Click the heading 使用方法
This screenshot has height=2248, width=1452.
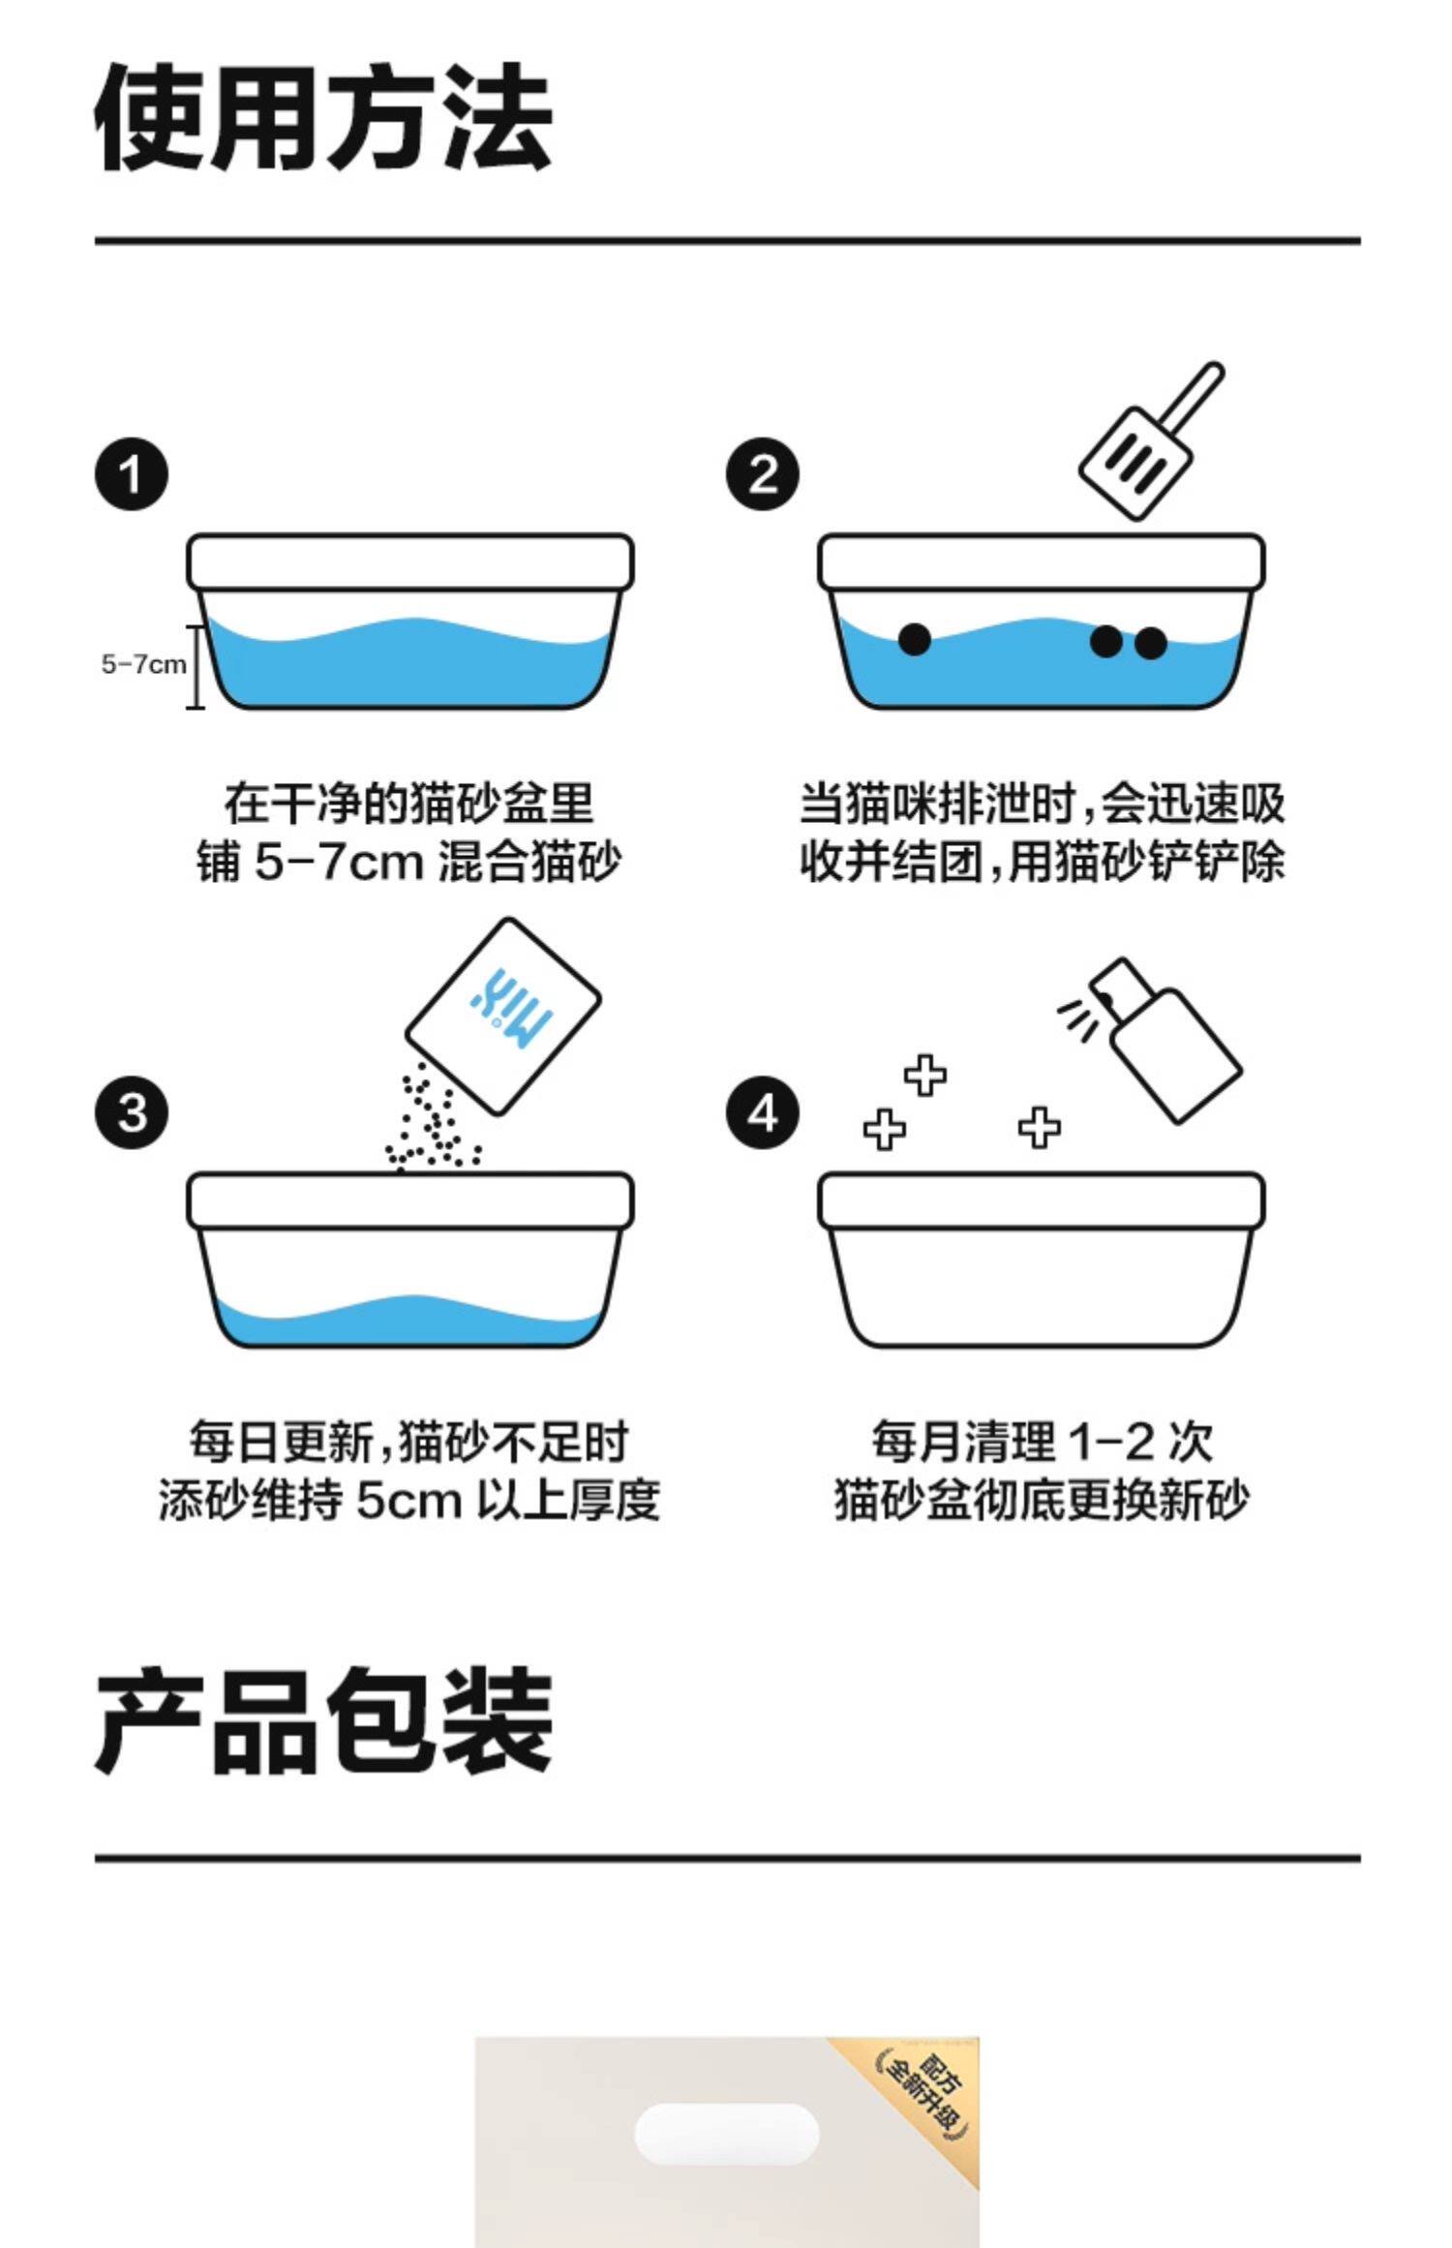pyautogui.click(x=323, y=118)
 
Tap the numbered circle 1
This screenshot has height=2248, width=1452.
pyautogui.click(x=131, y=474)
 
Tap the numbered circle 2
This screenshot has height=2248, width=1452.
pyautogui.click(x=763, y=474)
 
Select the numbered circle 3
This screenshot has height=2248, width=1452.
pyautogui.click(x=131, y=1112)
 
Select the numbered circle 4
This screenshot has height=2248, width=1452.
pyautogui.click(x=763, y=1112)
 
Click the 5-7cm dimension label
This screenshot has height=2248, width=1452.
pyautogui.click(x=143, y=664)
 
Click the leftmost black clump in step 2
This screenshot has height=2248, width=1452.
pyautogui.click(x=914, y=639)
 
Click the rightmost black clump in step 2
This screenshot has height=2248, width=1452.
pyautogui.click(x=1150, y=643)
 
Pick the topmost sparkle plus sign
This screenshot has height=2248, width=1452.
pyautogui.click(x=925, y=1075)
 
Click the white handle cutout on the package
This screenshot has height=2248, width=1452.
pyautogui.click(x=726, y=2133)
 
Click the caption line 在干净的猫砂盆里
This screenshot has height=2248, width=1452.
pyautogui.click(x=408, y=803)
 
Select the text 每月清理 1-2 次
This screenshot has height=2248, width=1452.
pyautogui.click(x=1042, y=1442)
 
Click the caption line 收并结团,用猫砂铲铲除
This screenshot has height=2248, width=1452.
pyautogui.click(x=1042, y=861)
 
